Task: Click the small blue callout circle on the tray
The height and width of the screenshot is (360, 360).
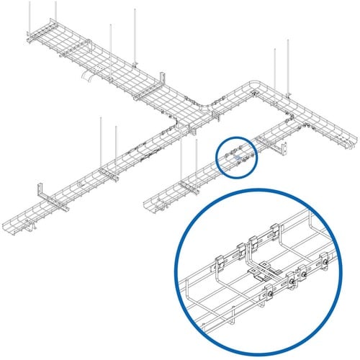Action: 238,156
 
